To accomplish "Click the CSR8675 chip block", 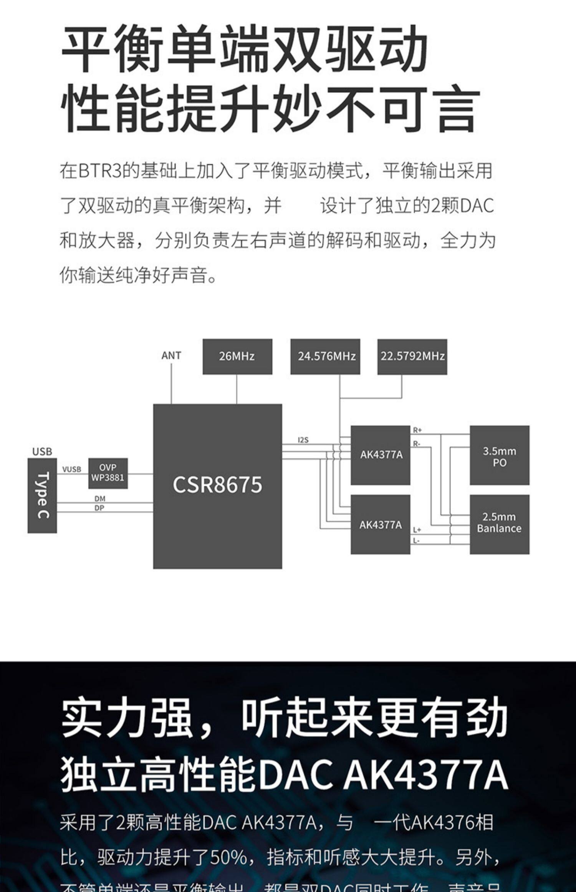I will (x=217, y=486).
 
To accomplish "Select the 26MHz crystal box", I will (x=237, y=356).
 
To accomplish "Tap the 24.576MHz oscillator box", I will (x=325, y=356).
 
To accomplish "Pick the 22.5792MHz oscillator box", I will (x=412, y=356).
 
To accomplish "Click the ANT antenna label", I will (x=171, y=355).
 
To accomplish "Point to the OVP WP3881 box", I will (x=108, y=473).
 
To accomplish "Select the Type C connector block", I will (x=42, y=495).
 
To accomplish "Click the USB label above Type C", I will (x=42, y=451).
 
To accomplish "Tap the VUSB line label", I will (x=72, y=469).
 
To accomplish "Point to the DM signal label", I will (x=100, y=499).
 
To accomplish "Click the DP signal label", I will (x=99, y=508).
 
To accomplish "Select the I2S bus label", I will (x=303, y=440).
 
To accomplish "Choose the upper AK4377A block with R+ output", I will (x=381, y=455).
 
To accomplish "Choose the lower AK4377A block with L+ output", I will (x=381, y=525).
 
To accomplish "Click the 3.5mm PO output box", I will (x=499, y=456).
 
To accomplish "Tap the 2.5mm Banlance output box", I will (x=499, y=523).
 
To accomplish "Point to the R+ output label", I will (x=417, y=430).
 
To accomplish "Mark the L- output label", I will (x=416, y=541).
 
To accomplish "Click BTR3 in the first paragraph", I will (x=100, y=171).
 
